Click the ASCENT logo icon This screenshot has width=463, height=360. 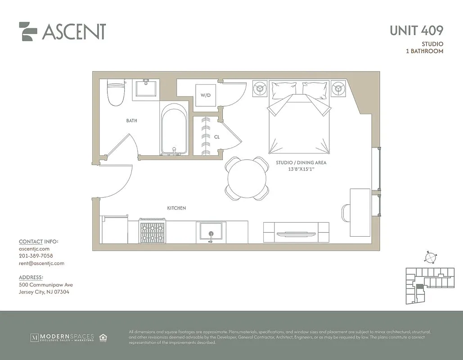28,31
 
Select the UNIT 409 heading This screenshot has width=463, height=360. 416,31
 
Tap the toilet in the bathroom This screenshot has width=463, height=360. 116,92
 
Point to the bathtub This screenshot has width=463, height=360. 174,129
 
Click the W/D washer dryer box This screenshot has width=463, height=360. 205,95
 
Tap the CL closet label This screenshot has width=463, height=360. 217,137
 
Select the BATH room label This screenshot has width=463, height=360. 131,121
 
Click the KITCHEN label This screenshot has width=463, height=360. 176,208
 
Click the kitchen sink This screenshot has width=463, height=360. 210,232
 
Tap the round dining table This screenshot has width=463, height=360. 247,178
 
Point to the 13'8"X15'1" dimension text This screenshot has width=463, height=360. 301,169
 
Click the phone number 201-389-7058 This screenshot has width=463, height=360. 36,256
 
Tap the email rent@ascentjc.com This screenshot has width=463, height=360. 41,263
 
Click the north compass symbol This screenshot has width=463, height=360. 430,257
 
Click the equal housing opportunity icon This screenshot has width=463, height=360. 103,337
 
